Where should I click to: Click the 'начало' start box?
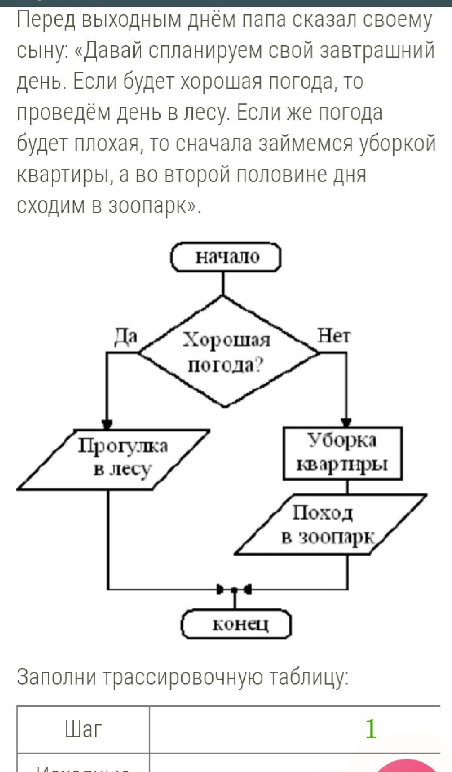coord(226,257)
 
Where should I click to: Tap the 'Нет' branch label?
coord(334,336)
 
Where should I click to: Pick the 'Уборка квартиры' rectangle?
coord(343,453)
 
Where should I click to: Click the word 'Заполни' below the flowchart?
coord(56,677)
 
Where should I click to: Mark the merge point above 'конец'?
coord(234,588)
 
